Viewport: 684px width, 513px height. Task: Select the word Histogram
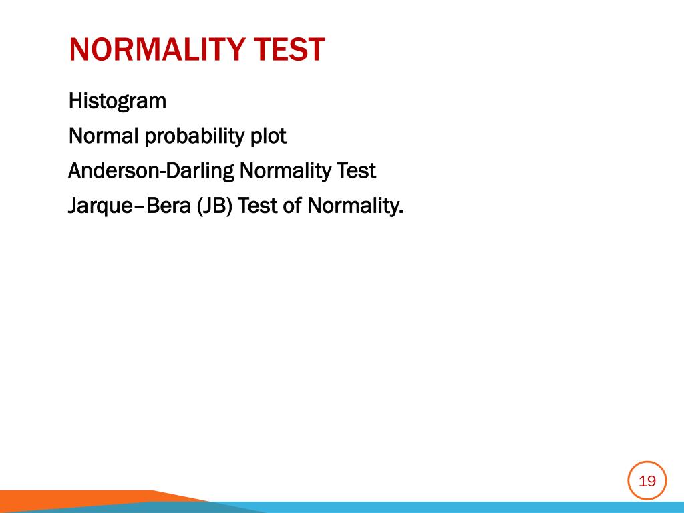tap(118, 102)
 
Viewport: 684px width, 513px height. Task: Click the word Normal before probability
tap(104, 136)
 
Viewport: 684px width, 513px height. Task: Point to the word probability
tap(194, 137)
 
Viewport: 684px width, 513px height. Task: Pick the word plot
tap(268, 137)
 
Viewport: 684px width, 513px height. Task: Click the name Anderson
tap(111, 172)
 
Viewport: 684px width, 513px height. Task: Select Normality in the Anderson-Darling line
tap(284, 172)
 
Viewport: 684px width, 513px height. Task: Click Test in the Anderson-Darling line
tap(355, 172)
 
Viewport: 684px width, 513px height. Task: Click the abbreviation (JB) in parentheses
tap(214, 206)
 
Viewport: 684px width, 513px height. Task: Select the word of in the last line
tap(292, 206)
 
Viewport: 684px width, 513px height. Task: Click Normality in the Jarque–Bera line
tap(352, 206)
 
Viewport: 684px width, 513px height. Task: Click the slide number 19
tap(647, 480)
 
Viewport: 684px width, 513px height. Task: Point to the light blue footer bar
tap(468, 507)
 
